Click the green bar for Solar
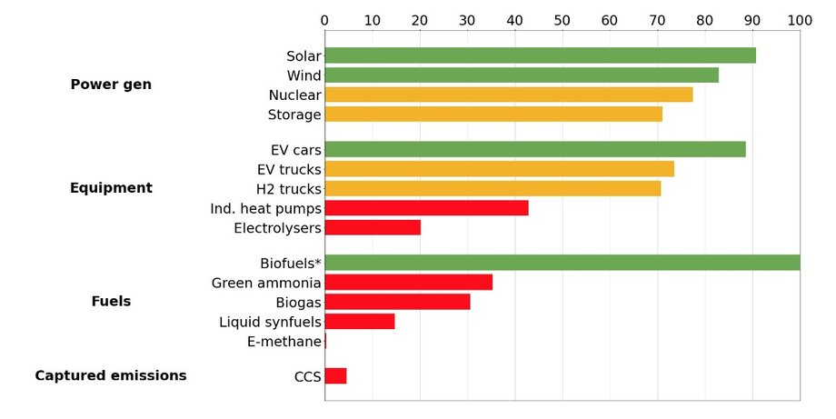point(540,55)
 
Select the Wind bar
point(522,75)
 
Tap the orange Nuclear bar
point(508,95)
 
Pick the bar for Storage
point(493,114)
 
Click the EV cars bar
point(535,149)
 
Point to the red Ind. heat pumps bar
point(426,208)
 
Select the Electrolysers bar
point(373,227)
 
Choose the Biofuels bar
point(562,263)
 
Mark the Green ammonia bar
point(408,283)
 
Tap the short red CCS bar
point(335,376)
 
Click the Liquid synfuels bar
point(360,321)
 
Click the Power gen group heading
point(111,85)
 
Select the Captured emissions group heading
point(111,375)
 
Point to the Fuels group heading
point(111,301)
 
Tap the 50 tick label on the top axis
point(562,19)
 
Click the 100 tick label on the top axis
point(800,19)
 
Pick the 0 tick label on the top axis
point(325,19)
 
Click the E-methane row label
point(284,342)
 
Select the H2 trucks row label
point(288,189)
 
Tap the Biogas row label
point(298,302)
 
